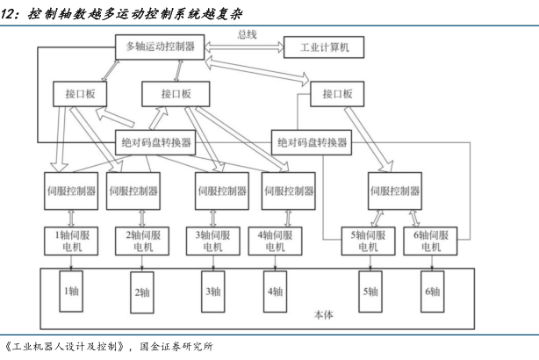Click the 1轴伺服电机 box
pyautogui.click(x=68, y=241)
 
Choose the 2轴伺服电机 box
pyautogui.click(x=141, y=241)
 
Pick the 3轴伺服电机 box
pyautogui.click(x=210, y=241)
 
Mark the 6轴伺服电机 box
pyautogui.click(x=430, y=241)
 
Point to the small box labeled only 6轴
pyautogui.click(x=430, y=292)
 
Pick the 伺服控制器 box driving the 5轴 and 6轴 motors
pyautogui.click(x=394, y=191)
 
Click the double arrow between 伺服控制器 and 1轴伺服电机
pyautogui.click(x=68, y=216)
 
